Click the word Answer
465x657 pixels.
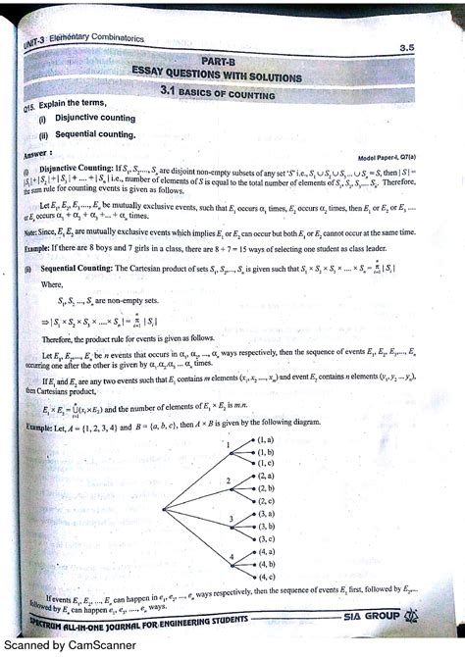(x=40, y=154)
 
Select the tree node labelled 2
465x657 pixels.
(x=228, y=480)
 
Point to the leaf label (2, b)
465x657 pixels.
(x=265, y=487)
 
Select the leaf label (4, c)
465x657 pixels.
(x=266, y=578)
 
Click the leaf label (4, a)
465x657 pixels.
(x=266, y=552)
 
